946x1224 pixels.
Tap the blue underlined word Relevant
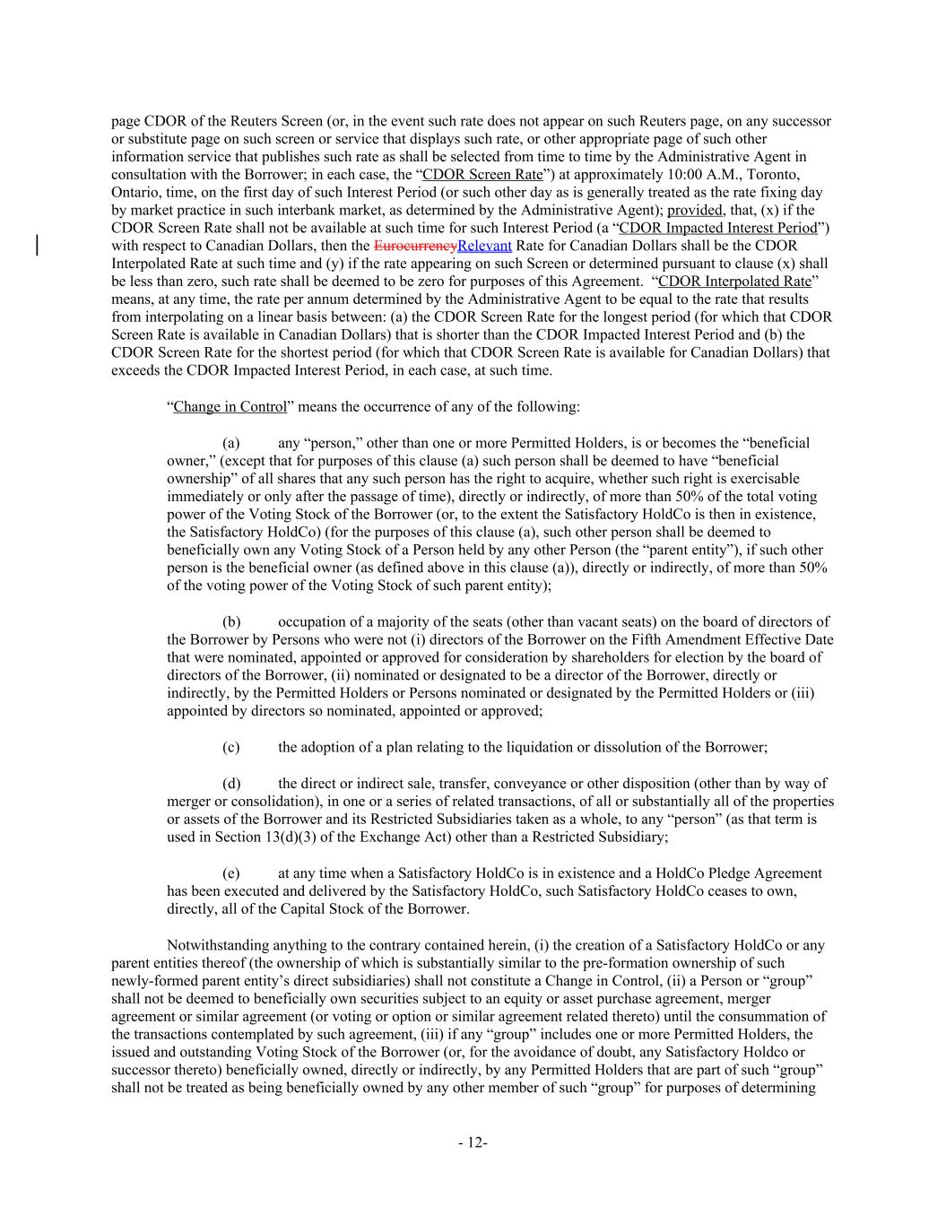click(484, 246)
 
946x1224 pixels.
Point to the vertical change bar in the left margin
click(37, 245)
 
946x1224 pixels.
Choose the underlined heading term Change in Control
click(230, 407)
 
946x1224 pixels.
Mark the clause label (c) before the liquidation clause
click(230, 747)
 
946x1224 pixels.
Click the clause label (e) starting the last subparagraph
click(230, 872)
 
